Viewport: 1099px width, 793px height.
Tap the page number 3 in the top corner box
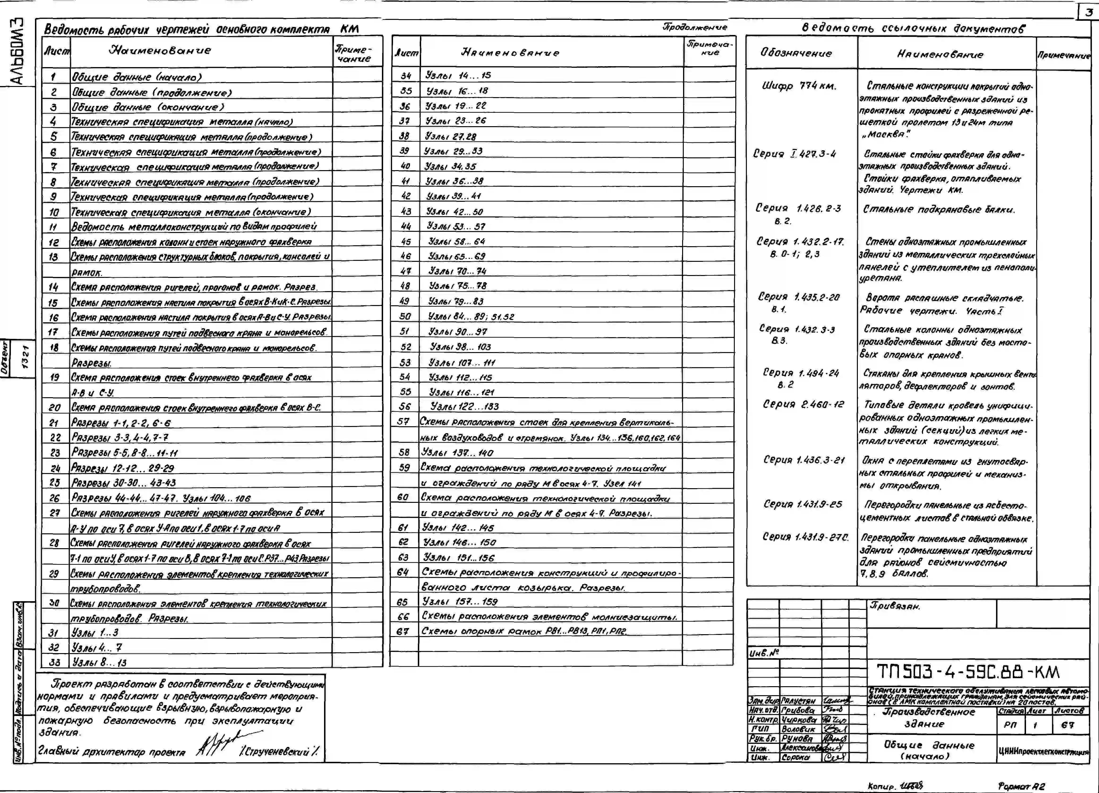[x=1088, y=13]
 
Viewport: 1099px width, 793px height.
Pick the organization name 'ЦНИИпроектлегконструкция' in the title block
[x=1043, y=752]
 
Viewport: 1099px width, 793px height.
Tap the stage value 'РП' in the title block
[x=1010, y=725]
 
